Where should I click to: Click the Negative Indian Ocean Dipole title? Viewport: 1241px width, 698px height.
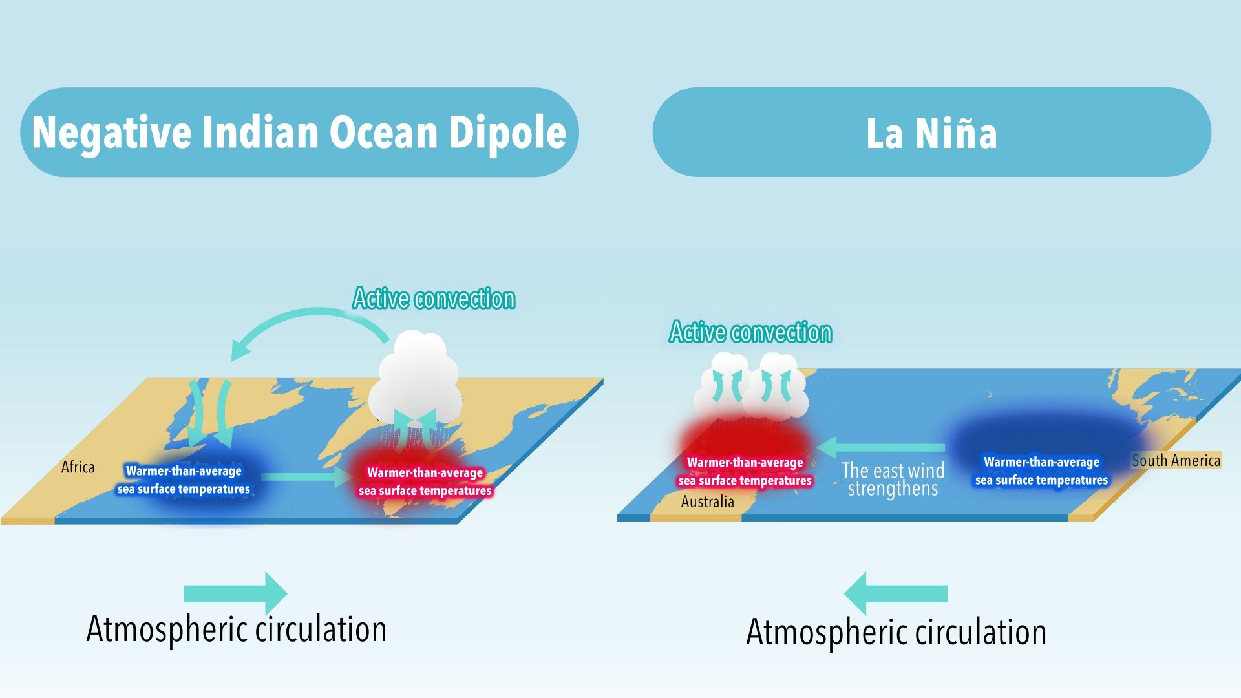point(299,132)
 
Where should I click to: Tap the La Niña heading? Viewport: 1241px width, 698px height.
point(931,133)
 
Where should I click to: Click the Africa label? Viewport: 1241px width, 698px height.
point(78,467)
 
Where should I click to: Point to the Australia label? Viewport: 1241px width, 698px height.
point(707,502)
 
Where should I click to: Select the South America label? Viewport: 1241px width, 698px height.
point(1176,460)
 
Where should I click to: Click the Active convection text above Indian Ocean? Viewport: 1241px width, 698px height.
point(434,299)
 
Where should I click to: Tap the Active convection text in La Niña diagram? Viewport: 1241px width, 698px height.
point(750,332)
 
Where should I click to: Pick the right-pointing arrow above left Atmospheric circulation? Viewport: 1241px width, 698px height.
point(235,593)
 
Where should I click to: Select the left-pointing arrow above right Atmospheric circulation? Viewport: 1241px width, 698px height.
point(896,593)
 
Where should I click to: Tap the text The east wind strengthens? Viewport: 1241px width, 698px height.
point(893,480)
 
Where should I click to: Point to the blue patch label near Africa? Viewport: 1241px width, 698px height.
point(184,480)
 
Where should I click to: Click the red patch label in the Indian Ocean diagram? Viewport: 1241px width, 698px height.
point(425,481)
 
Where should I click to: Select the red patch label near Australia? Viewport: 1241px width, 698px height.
point(745,472)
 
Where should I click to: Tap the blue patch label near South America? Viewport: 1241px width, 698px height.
point(1041,471)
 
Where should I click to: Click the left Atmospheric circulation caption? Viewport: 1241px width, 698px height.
point(237,629)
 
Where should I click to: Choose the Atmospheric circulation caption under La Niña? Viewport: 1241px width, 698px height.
point(896,632)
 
